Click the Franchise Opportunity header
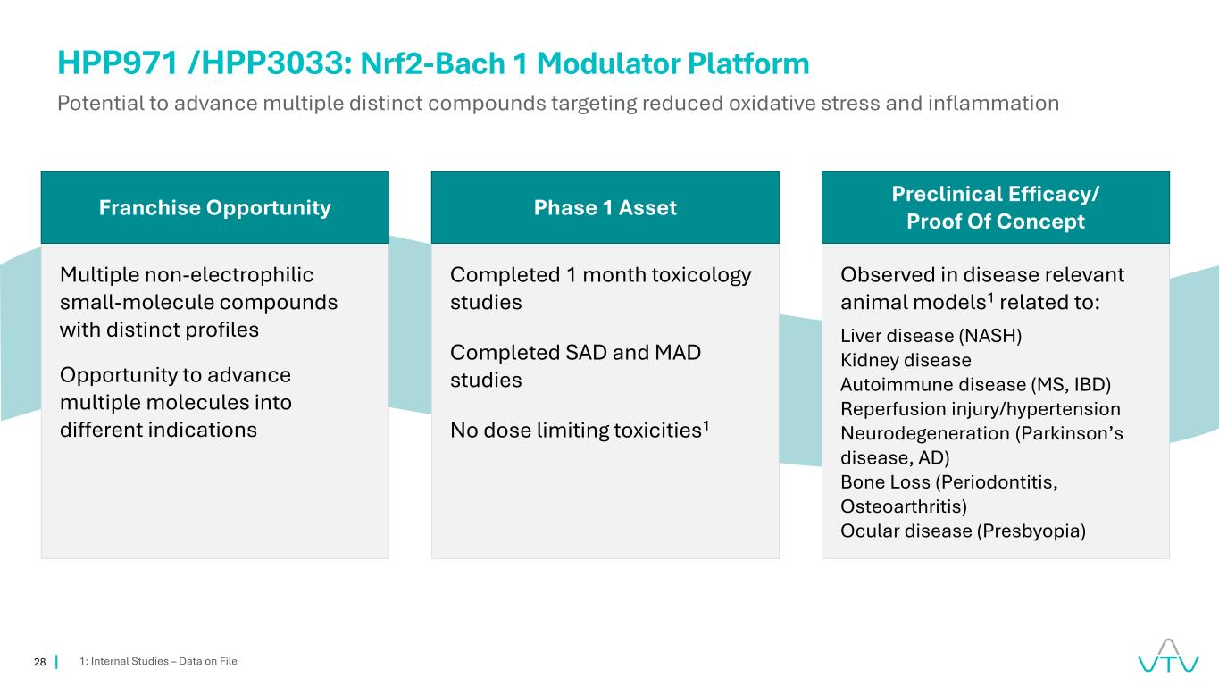(x=214, y=208)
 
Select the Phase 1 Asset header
(x=605, y=208)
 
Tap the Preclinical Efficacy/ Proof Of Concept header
(x=995, y=208)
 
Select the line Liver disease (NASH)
(x=931, y=336)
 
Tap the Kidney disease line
(x=906, y=361)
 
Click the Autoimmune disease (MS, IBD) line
(x=976, y=385)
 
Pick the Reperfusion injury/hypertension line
(x=981, y=409)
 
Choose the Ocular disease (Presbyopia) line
(x=963, y=531)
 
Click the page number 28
(x=39, y=662)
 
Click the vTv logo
(x=1168, y=656)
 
